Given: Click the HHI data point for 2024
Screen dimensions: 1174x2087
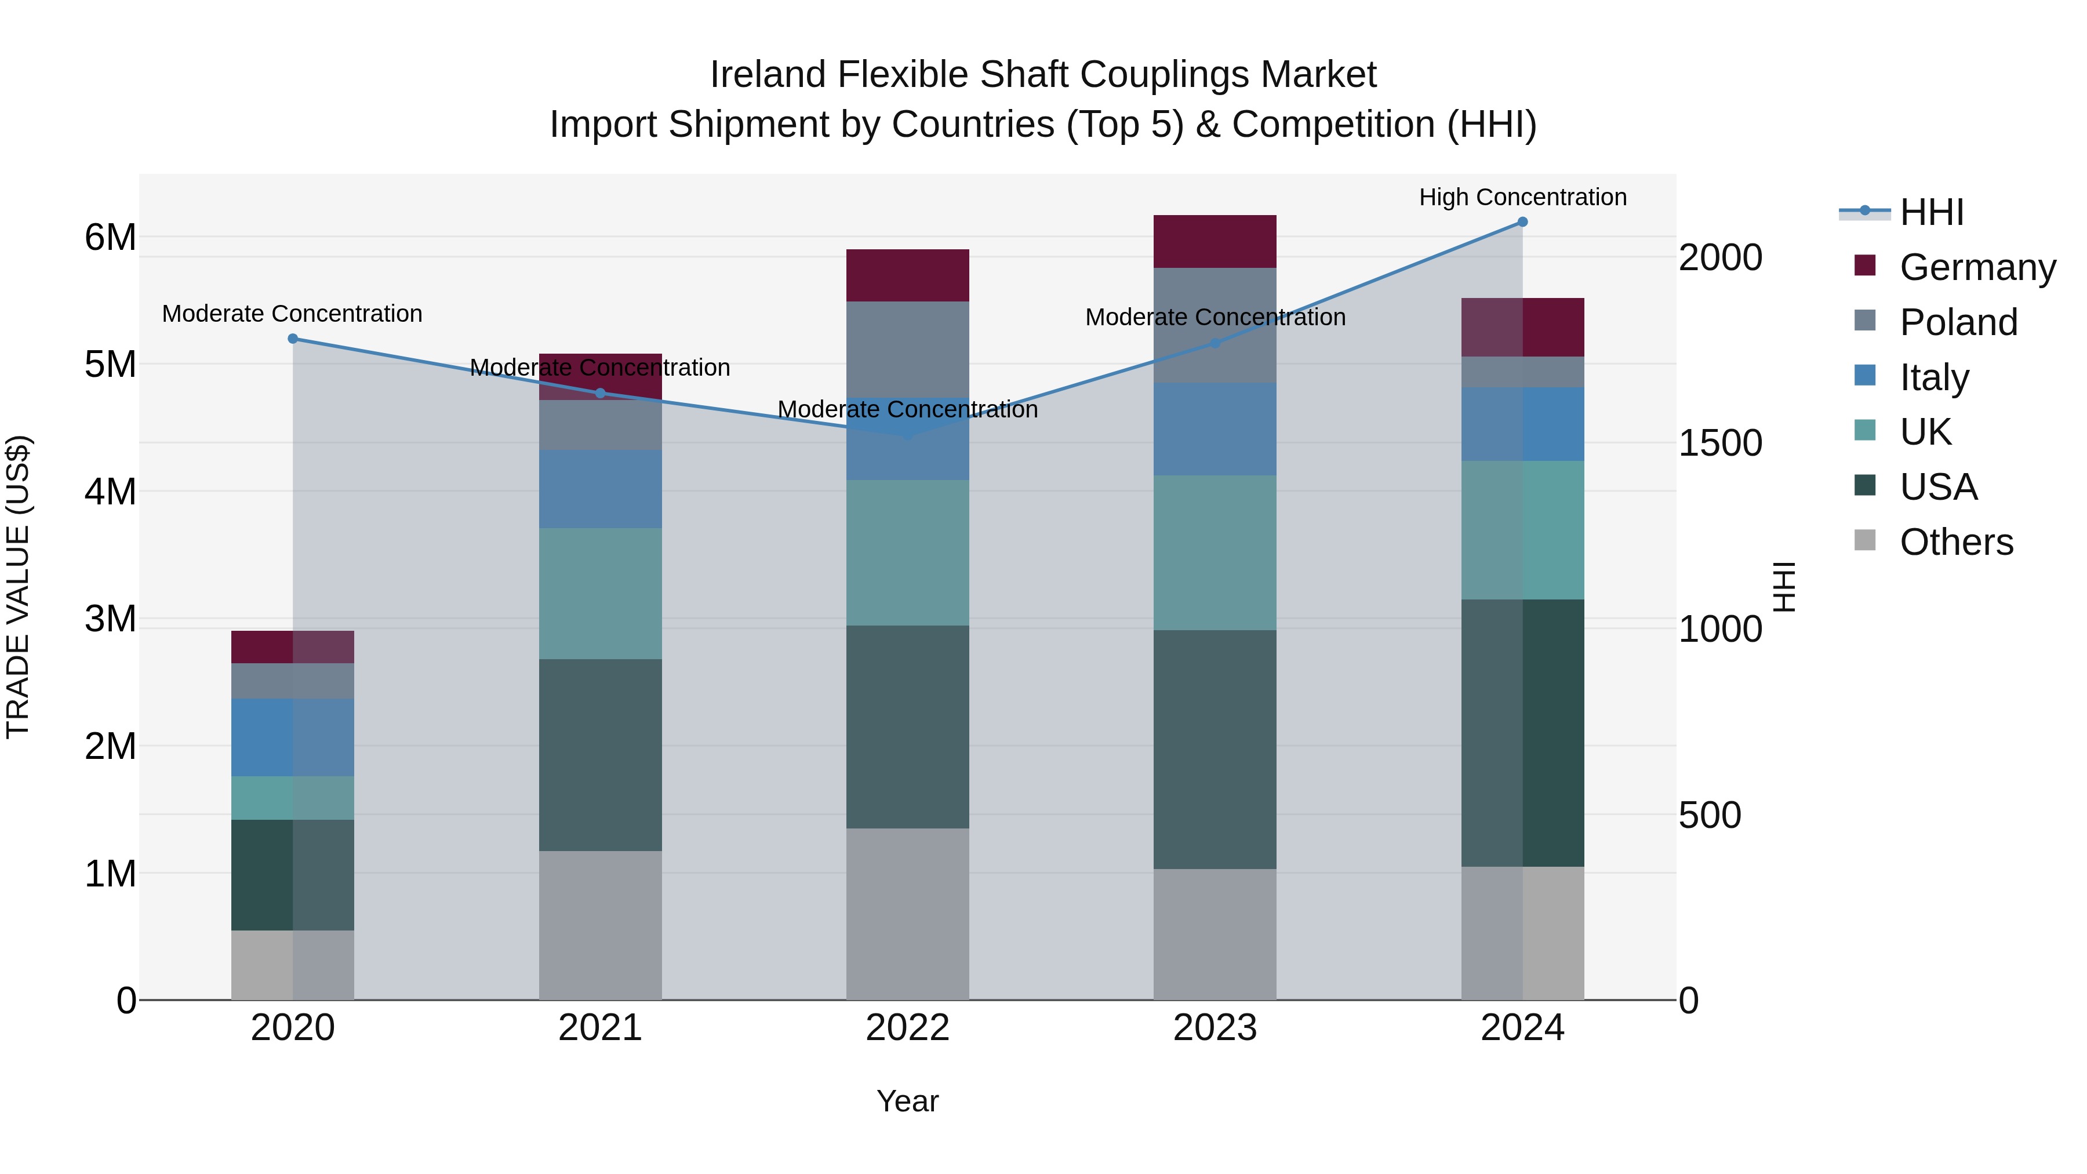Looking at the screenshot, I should click(x=1522, y=222).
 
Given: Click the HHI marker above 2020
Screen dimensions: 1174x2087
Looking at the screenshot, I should click(x=293, y=339).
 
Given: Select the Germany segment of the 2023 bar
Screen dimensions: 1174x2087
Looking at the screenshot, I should click(x=1215, y=241).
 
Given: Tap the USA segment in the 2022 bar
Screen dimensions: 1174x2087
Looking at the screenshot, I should click(x=907, y=727).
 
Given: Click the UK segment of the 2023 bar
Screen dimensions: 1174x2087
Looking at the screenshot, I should click(x=1215, y=553).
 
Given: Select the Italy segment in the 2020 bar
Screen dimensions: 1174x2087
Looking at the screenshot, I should click(x=293, y=737).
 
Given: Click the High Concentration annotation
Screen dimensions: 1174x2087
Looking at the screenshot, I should click(x=1522, y=197).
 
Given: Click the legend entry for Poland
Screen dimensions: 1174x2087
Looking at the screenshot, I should click(x=1958, y=322).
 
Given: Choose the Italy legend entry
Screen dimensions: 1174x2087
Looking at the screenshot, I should click(x=1934, y=377).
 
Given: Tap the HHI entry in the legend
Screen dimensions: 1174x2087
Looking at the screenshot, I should click(x=1932, y=212).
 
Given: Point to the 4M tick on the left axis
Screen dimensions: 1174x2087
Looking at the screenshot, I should click(x=110, y=492).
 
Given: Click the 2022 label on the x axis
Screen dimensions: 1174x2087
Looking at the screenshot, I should click(x=907, y=1028).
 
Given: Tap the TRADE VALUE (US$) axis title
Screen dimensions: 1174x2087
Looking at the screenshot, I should click(x=18, y=587).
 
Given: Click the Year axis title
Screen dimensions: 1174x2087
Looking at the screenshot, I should click(x=907, y=1101).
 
